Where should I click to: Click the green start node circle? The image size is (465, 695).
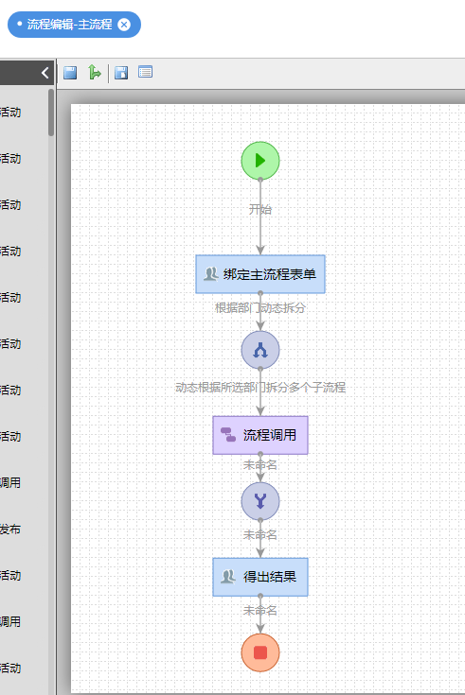pyautogui.click(x=260, y=161)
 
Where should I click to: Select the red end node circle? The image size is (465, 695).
pyautogui.click(x=260, y=652)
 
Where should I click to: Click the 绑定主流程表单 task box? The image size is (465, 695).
pyautogui.click(x=260, y=274)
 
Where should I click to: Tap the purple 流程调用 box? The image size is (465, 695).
pyautogui.click(x=260, y=435)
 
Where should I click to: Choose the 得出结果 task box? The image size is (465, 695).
pyautogui.click(x=260, y=576)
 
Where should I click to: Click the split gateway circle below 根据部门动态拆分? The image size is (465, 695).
pyautogui.click(x=260, y=350)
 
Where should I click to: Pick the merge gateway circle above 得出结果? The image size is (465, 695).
pyautogui.click(x=260, y=501)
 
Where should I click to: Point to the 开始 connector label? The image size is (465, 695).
pyautogui.click(x=260, y=209)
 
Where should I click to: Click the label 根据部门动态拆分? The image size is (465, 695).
pyautogui.click(x=260, y=307)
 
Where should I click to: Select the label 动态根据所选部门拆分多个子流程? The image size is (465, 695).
pyautogui.click(x=260, y=387)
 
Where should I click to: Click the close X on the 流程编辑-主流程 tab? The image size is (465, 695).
pyautogui.click(x=124, y=24)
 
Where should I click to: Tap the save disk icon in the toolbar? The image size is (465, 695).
pyautogui.click(x=70, y=73)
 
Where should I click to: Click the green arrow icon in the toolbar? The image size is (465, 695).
pyautogui.click(x=94, y=73)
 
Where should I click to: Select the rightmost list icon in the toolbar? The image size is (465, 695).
pyautogui.click(x=145, y=73)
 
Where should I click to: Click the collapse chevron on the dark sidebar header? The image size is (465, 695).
pyautogui.click(x=45, y=73)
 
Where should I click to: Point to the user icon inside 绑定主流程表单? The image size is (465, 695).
pyautogui.click(x=210, y=274)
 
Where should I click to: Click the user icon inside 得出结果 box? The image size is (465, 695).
pyautogui.click(x=227, y=576)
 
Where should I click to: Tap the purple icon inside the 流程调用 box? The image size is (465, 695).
pyautogui.click(x=228, y=435)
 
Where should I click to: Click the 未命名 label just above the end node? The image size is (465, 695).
pyautogui.click(x=260, y=610)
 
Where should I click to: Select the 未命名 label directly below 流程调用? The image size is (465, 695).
pyautogui.click(x=260, y=464)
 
